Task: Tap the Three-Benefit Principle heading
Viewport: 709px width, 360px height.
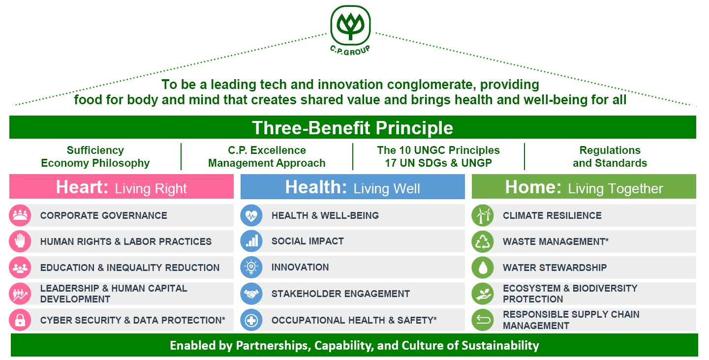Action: [x=353, y=128]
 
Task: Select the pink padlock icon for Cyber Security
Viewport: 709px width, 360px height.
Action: [x=20, y=320]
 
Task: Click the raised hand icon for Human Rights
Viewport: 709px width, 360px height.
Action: [x=20, y=241]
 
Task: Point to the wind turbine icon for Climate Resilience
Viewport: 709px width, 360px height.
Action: [x=482, y=215]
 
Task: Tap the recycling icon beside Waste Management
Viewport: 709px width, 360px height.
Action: [x=482, y=241]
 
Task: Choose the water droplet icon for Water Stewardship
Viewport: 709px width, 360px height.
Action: [x=482, y=268]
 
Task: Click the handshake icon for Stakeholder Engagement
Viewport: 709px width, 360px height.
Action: [x=251, y=294]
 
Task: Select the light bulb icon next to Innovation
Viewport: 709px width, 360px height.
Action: [x=251, y=268]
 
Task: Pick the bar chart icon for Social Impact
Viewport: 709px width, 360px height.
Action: [x=251, y=241]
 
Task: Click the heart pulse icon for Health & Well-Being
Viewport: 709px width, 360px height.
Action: [x=251, y=215]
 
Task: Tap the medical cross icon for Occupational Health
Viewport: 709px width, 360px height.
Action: [x=251, y=320]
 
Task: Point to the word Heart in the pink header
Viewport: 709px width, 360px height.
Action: [x=82, y=187]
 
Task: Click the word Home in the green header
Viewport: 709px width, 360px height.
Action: [x=533, y=187]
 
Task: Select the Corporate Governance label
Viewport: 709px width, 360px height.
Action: [x=103, y=215]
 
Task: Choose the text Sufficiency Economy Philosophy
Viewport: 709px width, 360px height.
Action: [x=95, y=156]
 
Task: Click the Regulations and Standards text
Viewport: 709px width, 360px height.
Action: [x=610, y=156]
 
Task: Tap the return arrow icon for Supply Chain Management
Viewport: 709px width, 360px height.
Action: [x=482, y=320]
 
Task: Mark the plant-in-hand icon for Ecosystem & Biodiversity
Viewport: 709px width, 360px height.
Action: [x=482, y=294]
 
